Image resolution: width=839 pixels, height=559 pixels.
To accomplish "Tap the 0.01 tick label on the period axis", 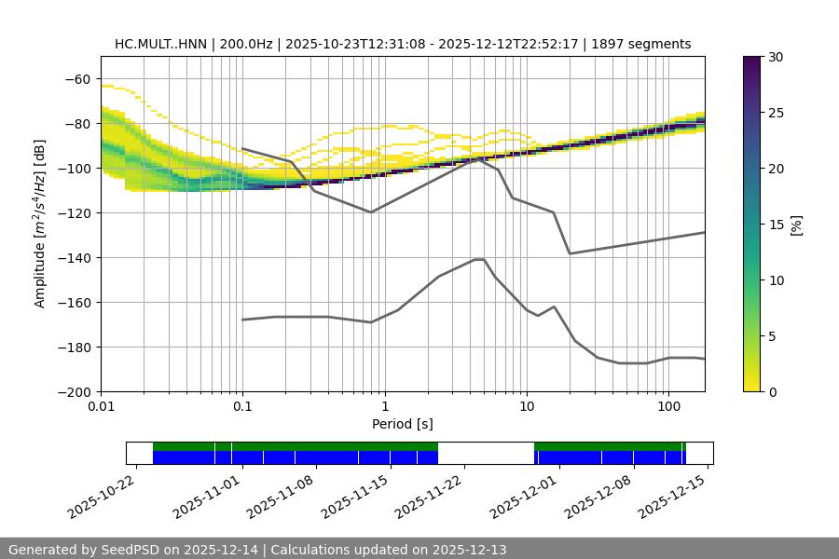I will point(101,407).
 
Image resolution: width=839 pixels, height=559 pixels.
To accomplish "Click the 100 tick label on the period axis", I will point(667,407).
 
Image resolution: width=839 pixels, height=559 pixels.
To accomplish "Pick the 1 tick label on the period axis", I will point(384,407).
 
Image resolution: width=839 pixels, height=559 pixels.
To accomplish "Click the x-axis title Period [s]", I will point(403,424).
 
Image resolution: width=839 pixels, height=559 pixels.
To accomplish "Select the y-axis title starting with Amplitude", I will point(40,224).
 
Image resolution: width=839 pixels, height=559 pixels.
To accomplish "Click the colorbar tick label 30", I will point(775,57).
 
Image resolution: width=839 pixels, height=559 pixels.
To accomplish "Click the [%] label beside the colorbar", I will point(796,225).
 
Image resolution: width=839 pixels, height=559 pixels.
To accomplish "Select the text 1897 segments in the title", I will point(644,44).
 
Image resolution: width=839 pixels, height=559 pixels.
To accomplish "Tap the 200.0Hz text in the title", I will point(248,44).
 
